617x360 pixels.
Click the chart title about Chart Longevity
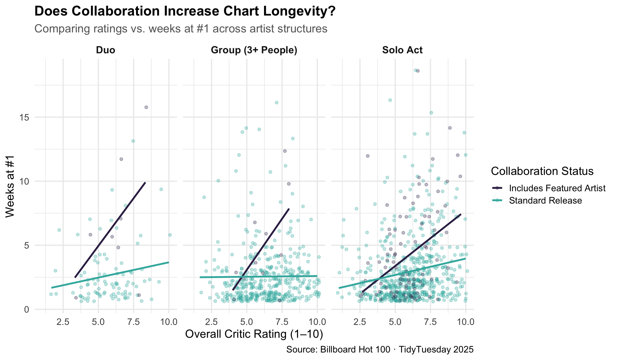coord(185,12)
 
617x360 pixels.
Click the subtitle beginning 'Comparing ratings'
coord(181,29)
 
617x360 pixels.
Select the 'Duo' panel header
coord(106,50)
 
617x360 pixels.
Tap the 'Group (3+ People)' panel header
coord(254,50)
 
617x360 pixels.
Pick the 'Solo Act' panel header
coord(402,50)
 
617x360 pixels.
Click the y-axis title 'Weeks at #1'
coord(10,187)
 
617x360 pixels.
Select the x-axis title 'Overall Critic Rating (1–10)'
coord(254,334)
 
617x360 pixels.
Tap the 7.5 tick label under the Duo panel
coord(133,322)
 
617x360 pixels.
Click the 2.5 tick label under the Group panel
coord(212,322)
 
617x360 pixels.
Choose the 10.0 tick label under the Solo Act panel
coord(465,322)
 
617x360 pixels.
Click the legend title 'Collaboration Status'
coord(542,171)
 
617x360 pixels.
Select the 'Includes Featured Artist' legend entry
coord(557,188)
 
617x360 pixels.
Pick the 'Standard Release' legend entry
coord(545,201)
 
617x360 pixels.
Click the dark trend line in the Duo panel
coord(110,230)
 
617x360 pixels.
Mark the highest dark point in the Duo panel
coord(146,107)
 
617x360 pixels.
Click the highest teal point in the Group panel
coord(277,103)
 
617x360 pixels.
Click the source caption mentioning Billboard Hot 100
coord(380,350)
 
